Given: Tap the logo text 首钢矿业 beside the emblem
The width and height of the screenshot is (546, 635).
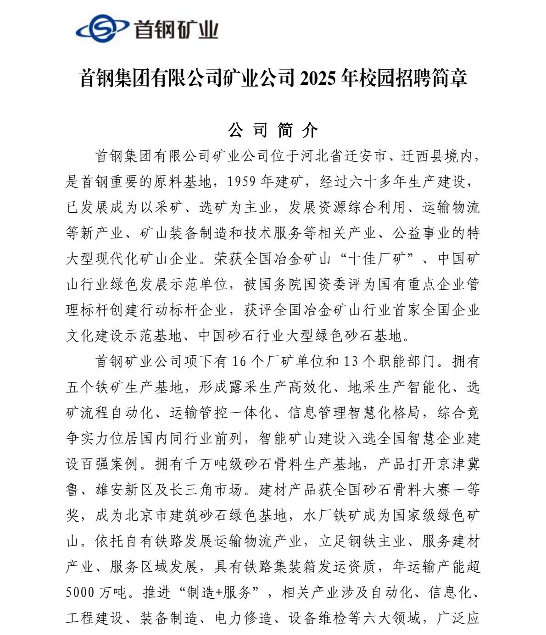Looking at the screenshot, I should tap(175, 30).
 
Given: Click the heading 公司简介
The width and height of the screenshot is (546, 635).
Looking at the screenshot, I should tap(273, 130).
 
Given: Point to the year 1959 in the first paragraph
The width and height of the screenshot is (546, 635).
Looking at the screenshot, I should tap(241, 182).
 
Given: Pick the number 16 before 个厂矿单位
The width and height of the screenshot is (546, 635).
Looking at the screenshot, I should tap(240, 362).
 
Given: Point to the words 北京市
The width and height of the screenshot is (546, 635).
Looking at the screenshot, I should tap(139, 516).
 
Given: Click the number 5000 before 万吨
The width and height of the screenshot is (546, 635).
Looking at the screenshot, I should tap(80, 593).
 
